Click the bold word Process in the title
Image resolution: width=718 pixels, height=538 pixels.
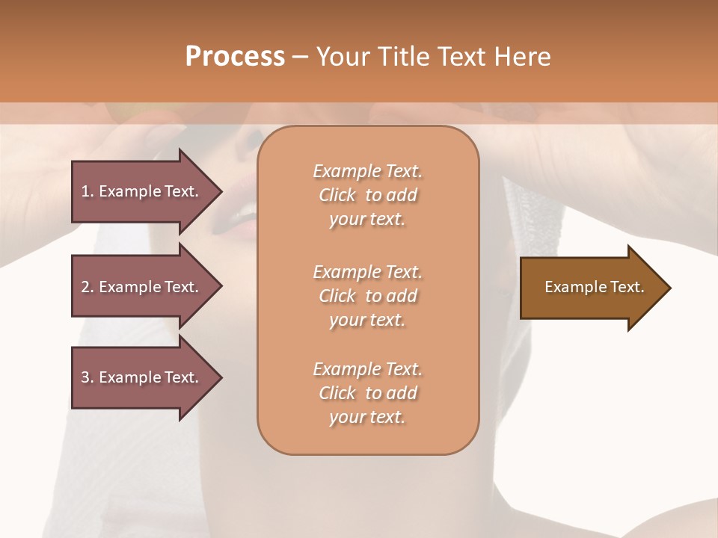(x=235, y=57)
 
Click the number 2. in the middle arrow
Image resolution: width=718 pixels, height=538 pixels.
(x=88, y=287)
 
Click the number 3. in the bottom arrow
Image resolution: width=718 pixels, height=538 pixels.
(x=88, y=377)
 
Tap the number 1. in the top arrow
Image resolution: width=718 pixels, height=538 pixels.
(x=88, y=191)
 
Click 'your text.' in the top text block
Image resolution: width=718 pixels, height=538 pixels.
(x=367, y=220)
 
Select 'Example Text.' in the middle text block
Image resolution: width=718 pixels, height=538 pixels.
(x=367, y=271)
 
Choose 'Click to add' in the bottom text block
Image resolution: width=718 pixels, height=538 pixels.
(x=367, y=393)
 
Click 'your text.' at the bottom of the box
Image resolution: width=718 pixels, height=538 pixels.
(x=367, y=418)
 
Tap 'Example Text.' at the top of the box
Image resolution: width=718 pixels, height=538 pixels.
(x=367, y=171)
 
